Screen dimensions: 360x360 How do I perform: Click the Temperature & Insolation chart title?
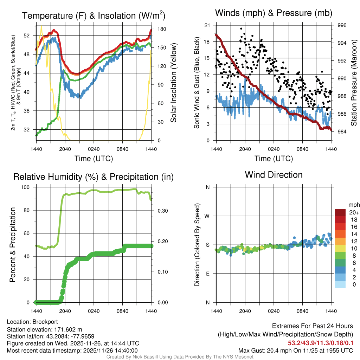[94, 15]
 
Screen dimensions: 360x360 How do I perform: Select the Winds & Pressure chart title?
[274, 13]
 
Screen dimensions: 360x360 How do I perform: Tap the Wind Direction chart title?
[274, 175]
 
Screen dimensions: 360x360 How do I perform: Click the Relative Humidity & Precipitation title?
[94, 177]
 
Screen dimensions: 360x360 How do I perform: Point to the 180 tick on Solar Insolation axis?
[157, 29]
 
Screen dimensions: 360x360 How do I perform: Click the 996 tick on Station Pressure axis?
[342, 25]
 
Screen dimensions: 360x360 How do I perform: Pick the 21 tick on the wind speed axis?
[207, 25]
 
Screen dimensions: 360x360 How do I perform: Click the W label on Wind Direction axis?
[208, 216]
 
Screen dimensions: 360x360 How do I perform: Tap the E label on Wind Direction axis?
[208, 274]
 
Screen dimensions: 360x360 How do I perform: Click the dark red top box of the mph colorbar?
[341, 212]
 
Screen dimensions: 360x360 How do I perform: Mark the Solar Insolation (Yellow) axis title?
[173, 83]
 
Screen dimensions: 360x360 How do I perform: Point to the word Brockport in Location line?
[45, 322]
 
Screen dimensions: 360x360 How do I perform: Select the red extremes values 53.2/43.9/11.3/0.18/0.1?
[321, 343]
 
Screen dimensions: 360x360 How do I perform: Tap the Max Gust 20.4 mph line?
[295, 350]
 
